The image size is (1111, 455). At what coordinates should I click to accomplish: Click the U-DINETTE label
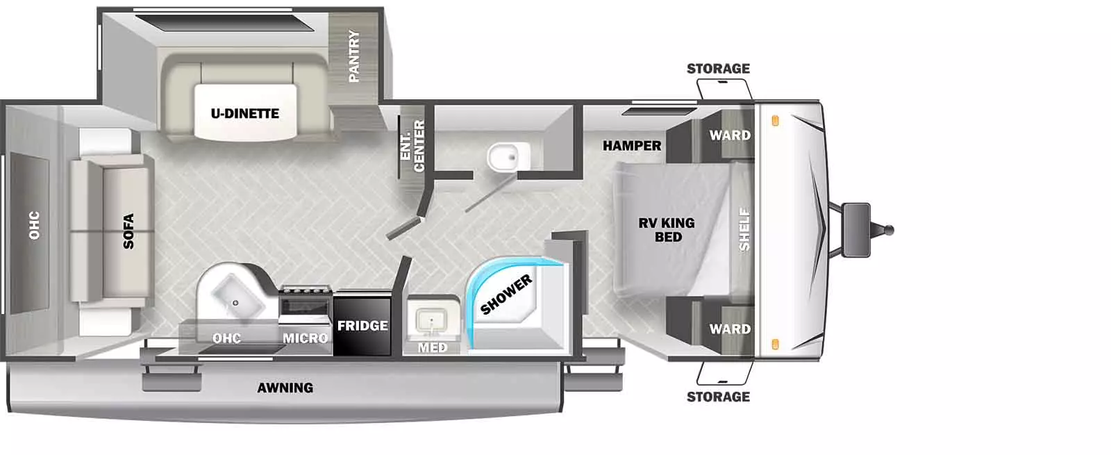(244, 114)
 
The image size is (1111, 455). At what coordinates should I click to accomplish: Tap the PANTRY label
(353, 56)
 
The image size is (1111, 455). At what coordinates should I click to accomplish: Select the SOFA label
(128, 231)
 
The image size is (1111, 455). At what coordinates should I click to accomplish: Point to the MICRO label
(305, 338)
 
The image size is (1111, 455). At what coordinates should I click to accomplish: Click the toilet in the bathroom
(508, 157)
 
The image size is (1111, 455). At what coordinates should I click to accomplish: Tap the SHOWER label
(506, 295)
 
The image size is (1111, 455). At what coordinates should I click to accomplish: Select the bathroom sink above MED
(431, 320)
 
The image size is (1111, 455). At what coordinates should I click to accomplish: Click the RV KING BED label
(667, 230)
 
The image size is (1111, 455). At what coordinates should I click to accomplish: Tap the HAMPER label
(632, 146)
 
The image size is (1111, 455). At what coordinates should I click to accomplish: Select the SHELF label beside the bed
(744, 229)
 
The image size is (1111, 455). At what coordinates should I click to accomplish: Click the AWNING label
(285, 388)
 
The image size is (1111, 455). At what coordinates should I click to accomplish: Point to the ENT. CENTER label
(412, 147)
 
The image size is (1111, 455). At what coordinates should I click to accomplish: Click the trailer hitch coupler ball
(889, 230)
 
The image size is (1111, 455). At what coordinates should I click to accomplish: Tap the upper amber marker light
(775, 121)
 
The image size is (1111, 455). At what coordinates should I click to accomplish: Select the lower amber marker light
(775, 344)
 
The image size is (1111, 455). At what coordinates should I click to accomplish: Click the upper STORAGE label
(718, 69)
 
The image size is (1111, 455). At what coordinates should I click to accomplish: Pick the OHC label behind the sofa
(34, 225)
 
